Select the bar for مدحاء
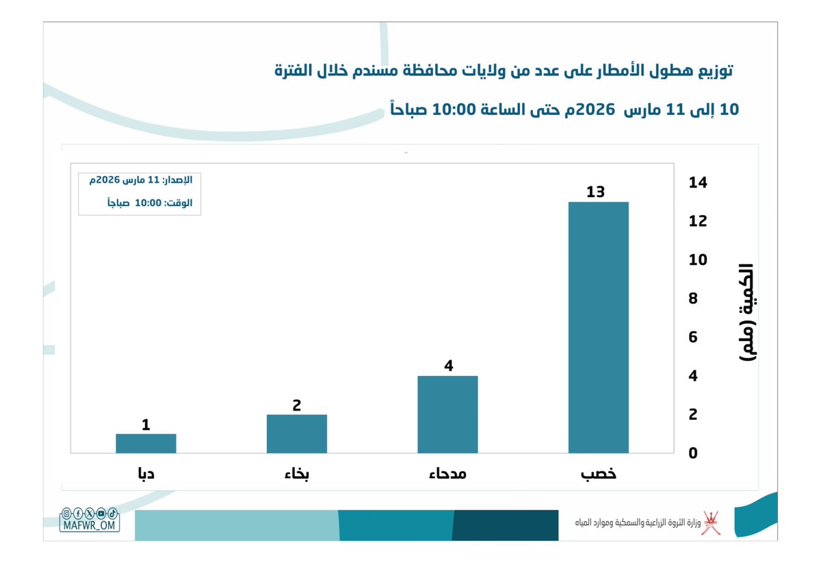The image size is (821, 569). (x=447, y=414)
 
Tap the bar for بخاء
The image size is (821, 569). (x=296, y=433)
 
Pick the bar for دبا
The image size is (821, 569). (x=146, y=443)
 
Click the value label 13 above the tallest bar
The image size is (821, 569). (x=595, y=192)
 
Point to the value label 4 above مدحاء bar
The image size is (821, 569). (x=448, y=366)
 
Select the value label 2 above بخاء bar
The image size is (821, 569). (x=296, y=405)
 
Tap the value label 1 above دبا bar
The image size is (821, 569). (x=146, y=425)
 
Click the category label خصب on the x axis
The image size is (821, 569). (x=598, y=474)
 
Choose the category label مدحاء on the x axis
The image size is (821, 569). (x=447, y=474)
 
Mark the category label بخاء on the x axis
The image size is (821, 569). (x=297, y=474)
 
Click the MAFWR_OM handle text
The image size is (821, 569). (x=90, y=525)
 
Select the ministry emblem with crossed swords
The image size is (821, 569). (x=712, y=523)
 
